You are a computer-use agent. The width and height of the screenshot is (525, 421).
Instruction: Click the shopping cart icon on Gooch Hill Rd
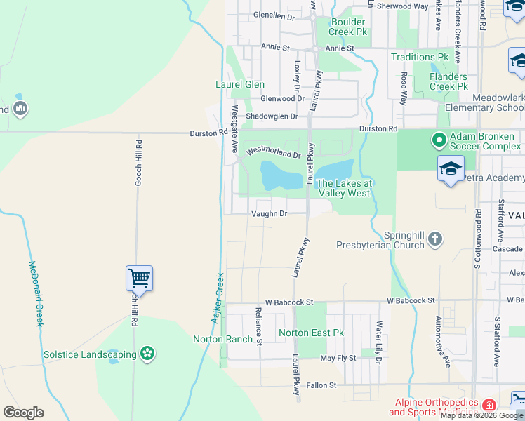140,279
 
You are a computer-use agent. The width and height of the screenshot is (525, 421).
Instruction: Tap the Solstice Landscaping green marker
147,354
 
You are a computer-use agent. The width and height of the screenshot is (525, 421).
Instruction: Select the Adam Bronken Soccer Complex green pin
439,141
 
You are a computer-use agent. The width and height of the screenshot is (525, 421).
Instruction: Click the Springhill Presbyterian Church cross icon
435,240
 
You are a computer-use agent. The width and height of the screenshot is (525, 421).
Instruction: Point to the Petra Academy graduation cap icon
450,168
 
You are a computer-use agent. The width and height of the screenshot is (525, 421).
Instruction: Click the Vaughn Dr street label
269,213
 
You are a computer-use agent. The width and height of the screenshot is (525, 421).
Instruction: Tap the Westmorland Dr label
273,151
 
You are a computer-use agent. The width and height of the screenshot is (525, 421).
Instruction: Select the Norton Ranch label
222,340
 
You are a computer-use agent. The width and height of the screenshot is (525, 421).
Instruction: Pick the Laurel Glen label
239,85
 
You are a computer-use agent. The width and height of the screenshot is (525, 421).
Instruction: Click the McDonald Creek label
36,293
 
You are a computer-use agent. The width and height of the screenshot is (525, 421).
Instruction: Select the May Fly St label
338,358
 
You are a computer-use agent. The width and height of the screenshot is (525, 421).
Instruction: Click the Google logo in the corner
23,413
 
